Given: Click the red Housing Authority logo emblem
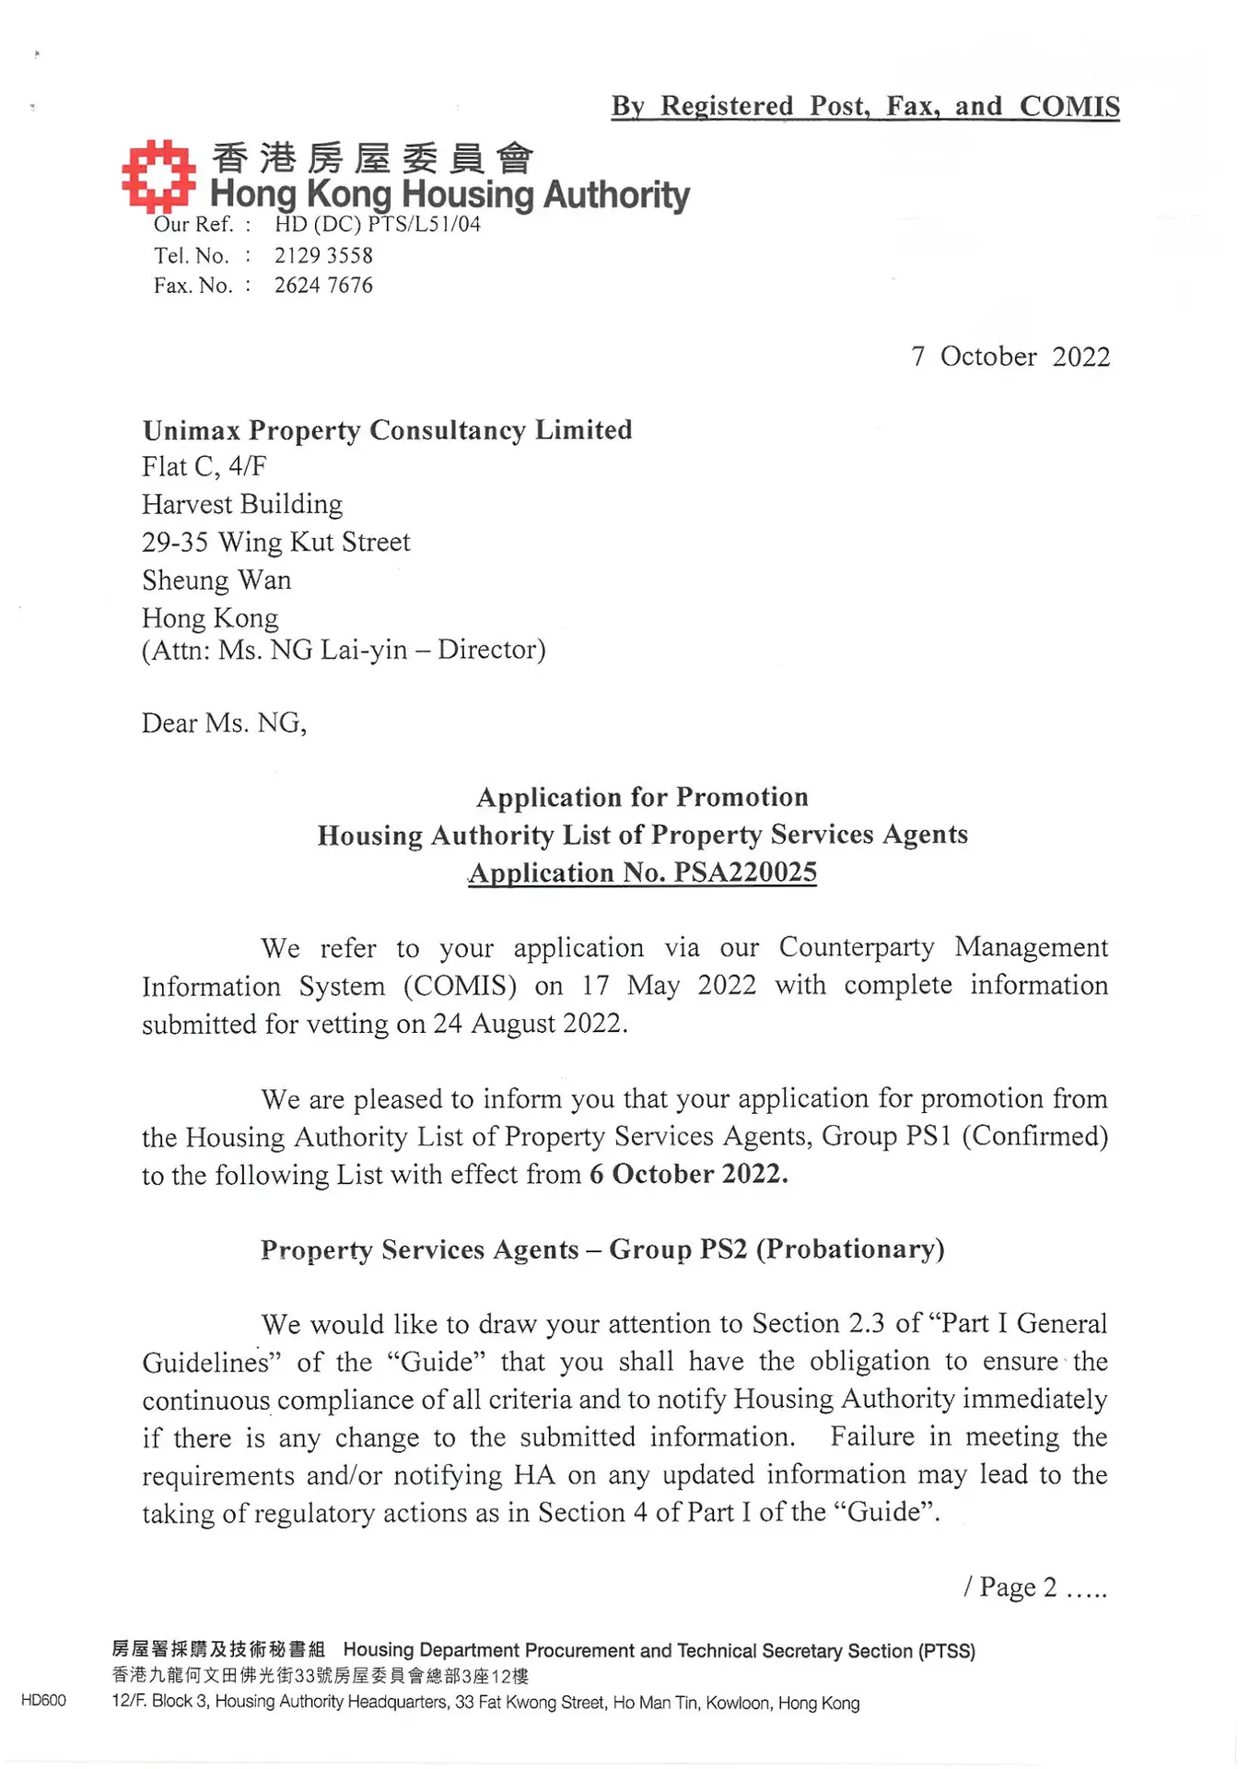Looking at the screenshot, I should click(158, 175).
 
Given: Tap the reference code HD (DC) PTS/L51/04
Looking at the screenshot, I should click(377, 224).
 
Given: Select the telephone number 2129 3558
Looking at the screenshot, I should click(323, 255).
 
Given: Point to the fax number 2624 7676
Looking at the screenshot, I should click(323, 286).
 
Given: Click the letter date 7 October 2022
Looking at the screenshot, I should click(1010, 357).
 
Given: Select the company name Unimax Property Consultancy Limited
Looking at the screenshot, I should click(387, 430).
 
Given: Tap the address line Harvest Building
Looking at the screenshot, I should click(242, 504).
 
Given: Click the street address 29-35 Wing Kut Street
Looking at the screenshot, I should click(276, 542).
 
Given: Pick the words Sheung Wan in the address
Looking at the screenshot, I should click(216, 580).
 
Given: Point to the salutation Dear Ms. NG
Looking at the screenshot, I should click(224, 723).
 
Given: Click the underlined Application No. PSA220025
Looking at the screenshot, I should click(642, 873).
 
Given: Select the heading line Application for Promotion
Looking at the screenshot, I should click(642, 797).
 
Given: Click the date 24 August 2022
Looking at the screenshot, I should click(531, 1024).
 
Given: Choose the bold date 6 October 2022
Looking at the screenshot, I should click(689, 1175).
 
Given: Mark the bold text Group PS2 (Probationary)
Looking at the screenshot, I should click(776, 1249).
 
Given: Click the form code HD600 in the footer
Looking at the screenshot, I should click(43, 1701).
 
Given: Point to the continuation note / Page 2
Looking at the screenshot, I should click(1033, 1587).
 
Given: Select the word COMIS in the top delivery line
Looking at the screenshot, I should click(1069, 106).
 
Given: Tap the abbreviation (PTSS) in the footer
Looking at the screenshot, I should click(946, 1651).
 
